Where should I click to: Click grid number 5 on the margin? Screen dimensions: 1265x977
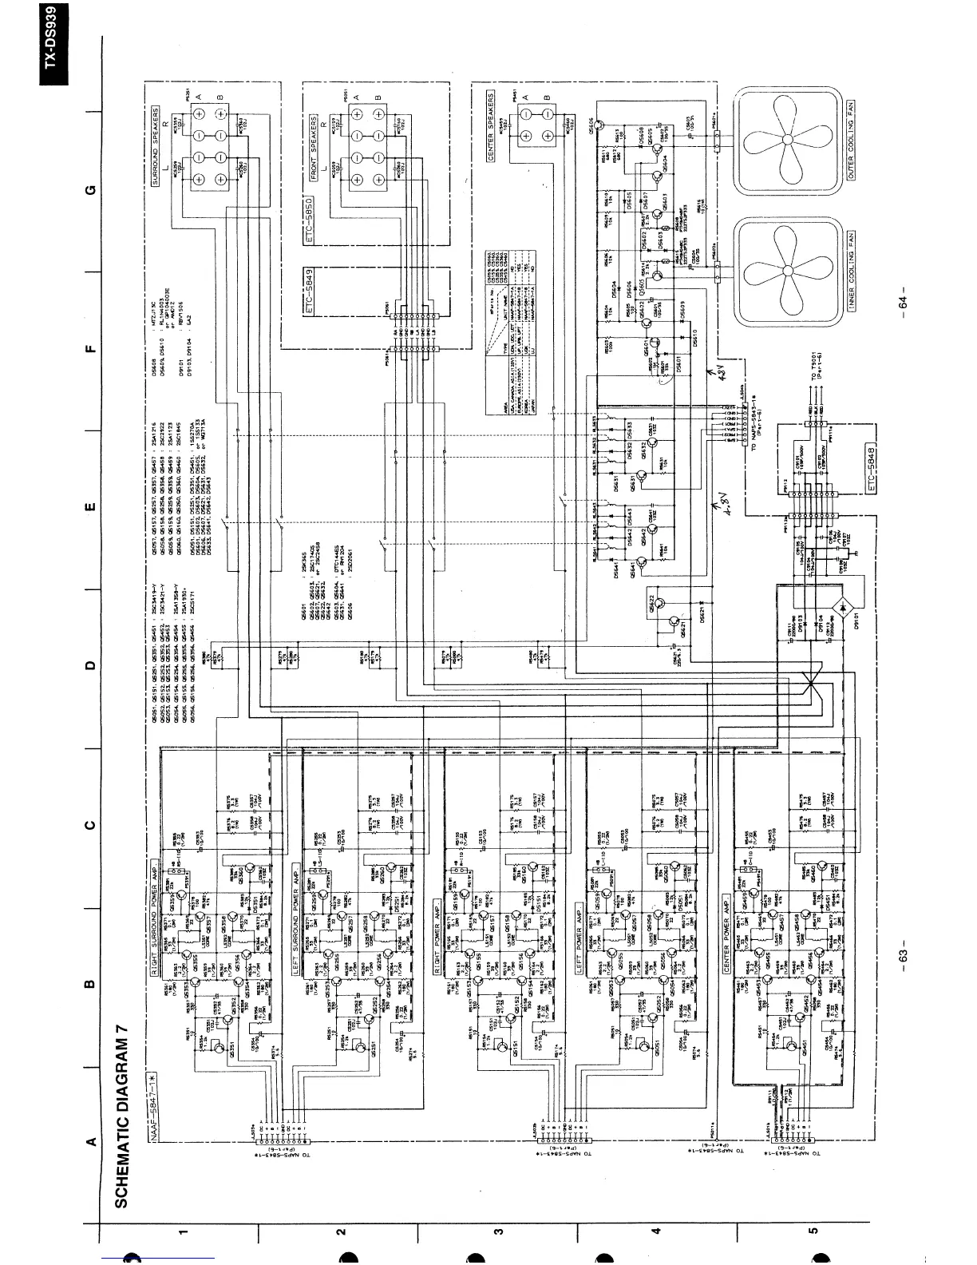[x=813, y=1231]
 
